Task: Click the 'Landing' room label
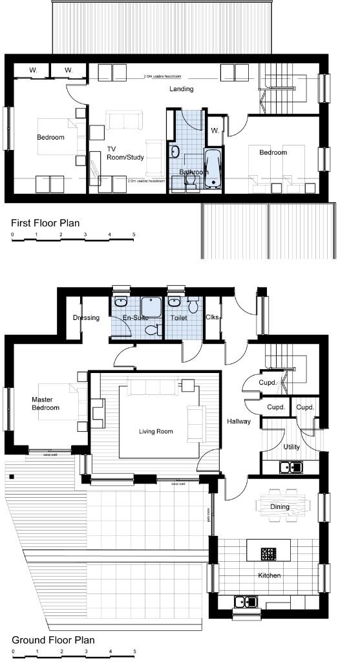(x=182, y=89)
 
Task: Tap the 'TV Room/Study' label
(x=125, y=153)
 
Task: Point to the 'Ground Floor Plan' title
(x=53, y=639)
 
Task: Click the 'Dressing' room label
(x=85, y=318)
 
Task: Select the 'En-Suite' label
(x=136, y=318)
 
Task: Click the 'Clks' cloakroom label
(x=212, y=317)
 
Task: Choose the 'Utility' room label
(x=291, y=447)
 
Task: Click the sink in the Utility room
(x=291, y=466)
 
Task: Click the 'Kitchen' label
(x=270, y=575)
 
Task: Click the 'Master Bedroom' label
(x=45, y=403)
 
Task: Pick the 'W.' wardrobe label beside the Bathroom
(x=215, y=130)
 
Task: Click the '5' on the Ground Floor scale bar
(x=134, y=651)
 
